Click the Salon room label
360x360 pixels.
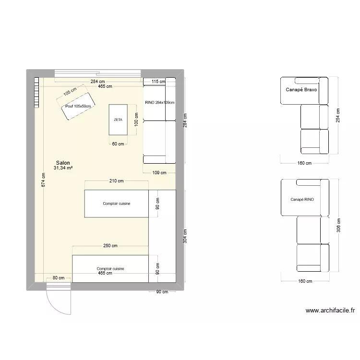[63, 163]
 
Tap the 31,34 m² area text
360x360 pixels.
[63, 168]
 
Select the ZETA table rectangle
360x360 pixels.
[118, 120]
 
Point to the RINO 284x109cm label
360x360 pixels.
[159, 102]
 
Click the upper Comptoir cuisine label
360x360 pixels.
[117, 204]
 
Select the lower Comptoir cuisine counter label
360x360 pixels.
[110, 269]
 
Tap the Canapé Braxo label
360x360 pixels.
[301, 89]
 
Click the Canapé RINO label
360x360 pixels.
[302, 199]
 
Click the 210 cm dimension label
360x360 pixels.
[117, 181]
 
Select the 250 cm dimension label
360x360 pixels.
[110, 246]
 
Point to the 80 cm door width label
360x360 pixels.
[59, 278]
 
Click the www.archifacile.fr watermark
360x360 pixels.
[330, 311]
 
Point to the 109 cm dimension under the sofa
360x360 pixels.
[159, 173]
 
